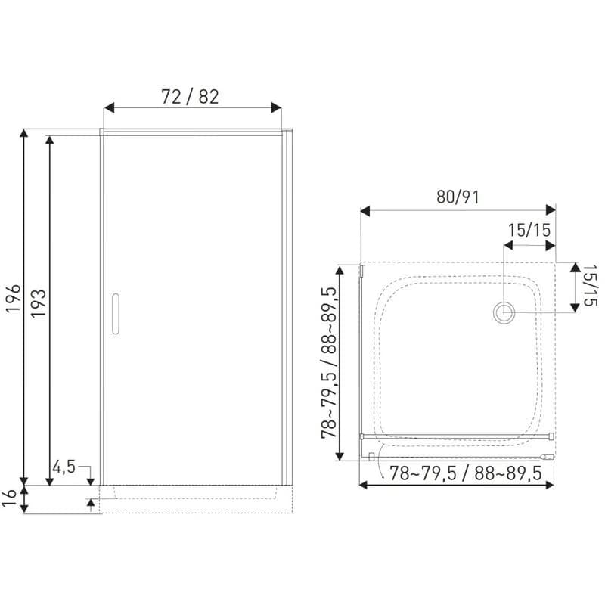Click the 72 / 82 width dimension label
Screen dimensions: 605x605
(x=190, y=97)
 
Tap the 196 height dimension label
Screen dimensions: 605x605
(x=14, y=299)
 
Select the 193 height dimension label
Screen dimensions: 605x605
(x=39, y=303)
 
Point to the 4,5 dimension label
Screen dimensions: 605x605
(x=64, y=467)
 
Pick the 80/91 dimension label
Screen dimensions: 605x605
(x=458, y=197)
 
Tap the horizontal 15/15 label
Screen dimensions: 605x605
(x=529, y=231)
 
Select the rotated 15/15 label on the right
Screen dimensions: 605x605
(x=590, y=285)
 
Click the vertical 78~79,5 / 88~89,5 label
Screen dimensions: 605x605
(x=329, y=363)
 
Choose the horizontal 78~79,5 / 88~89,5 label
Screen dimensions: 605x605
(x=466, y=473)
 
